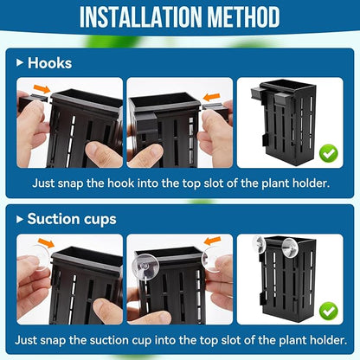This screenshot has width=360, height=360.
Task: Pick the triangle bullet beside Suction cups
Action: tap(19, 218)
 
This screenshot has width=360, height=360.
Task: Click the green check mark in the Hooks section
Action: tap(329, 154)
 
